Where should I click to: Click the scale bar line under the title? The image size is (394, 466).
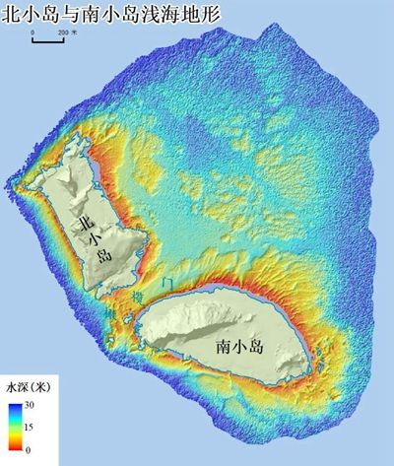[x=48, y=40]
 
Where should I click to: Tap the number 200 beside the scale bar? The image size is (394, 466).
[x=62, y=33]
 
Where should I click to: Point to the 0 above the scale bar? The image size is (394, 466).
[x=33, y=33]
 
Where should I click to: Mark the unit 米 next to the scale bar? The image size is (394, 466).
[x=76, y=33]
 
